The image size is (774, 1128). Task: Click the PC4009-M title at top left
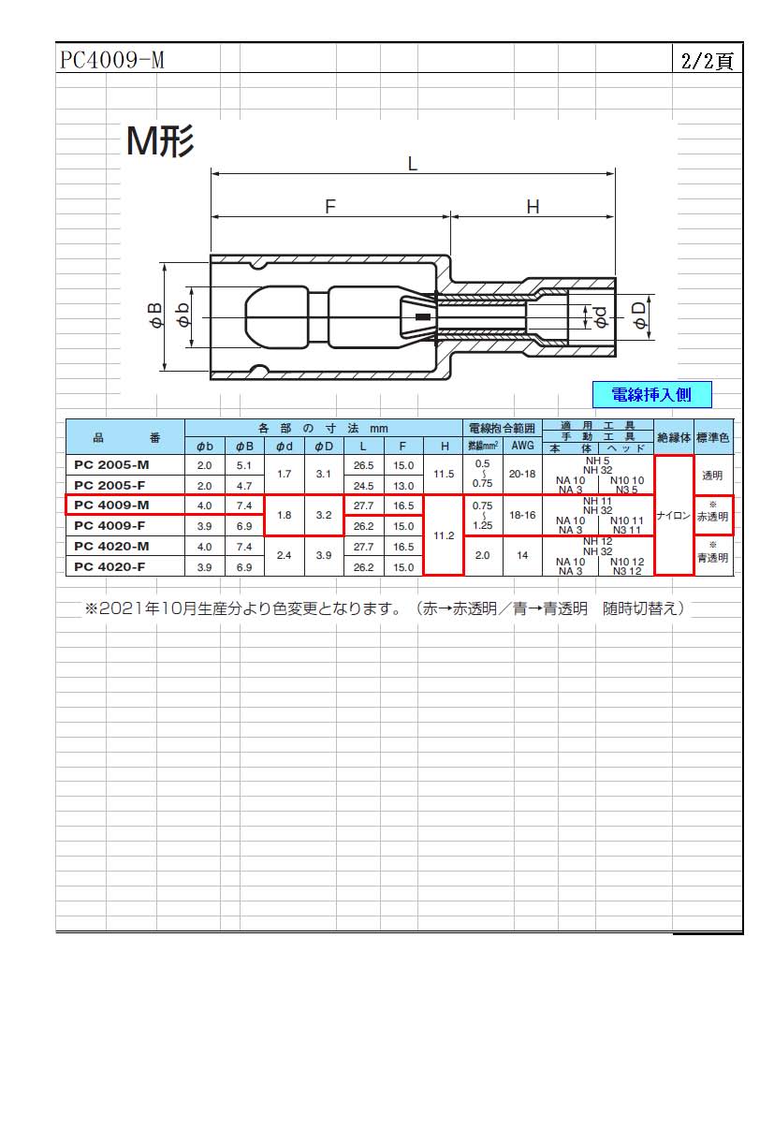[111, 60]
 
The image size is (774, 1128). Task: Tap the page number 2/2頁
[707, 61]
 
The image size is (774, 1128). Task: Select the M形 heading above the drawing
[160, 141]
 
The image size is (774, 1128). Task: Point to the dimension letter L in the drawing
[413, 164]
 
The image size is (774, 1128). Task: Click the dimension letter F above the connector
[329, 207]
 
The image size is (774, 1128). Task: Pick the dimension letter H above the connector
[533, 207]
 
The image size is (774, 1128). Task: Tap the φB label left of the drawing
[156, 315]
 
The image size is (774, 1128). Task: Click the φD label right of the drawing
[639, 315]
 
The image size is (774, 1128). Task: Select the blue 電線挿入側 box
[652, 394]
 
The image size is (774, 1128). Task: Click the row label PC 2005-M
[111, 465]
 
